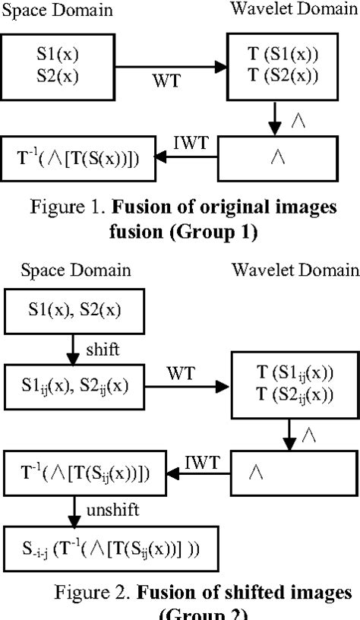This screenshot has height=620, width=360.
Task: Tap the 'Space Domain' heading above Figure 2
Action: (76, 270)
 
